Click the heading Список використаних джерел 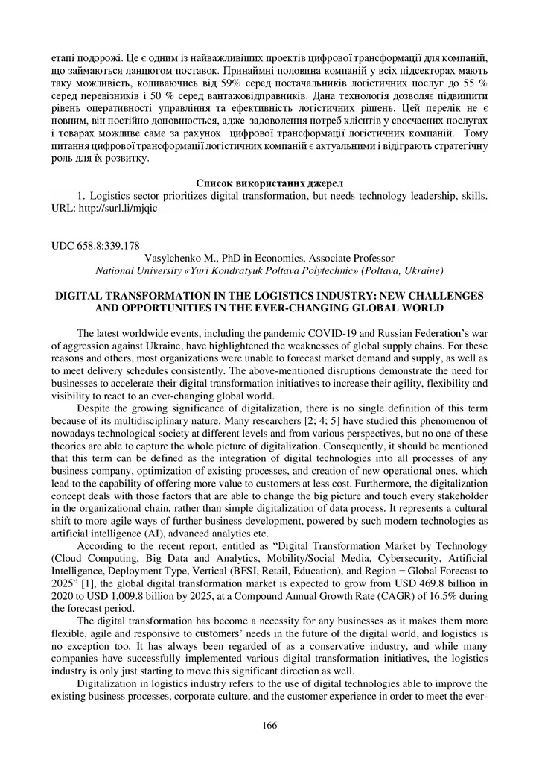tap(269, 183)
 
